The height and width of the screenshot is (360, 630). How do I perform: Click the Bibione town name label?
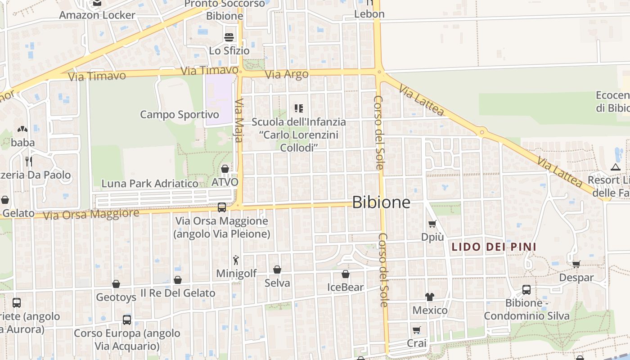tap(381, 202)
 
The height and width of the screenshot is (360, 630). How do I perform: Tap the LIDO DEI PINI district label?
tap(494, 247)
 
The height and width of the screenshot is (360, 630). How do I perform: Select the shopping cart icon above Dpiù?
tap(432, 224)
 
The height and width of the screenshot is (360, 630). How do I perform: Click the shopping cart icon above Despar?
tap(576, 264)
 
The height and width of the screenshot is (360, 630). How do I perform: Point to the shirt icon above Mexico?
tap(430, 297)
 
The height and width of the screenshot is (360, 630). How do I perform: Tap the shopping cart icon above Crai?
tap(417, 330)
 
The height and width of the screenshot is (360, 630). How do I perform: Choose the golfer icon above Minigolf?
tap(236, 260)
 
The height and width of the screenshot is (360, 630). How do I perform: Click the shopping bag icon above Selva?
tap(277, 270)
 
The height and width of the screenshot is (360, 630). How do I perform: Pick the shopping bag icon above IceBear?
tap(345, 274)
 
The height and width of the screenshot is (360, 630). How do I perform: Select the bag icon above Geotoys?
tap(116, 284)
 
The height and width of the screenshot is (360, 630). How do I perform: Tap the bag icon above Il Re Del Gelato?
tap(178, 280)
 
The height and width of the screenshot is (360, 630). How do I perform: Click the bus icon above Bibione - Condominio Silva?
tap(526, 289)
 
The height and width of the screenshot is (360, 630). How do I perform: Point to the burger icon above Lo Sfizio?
tap(229, 37)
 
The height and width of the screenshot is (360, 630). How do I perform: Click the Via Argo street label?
tap(287, 74)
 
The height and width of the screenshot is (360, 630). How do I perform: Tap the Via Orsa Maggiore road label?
tap(91, 214)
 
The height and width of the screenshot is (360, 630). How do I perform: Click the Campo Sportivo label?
tap(180, 114)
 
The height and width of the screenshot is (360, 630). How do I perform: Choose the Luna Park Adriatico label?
tap(150, 184)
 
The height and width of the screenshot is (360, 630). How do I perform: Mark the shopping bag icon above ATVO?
tap(225, 169)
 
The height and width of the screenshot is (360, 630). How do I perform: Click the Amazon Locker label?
tap(97, 15)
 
